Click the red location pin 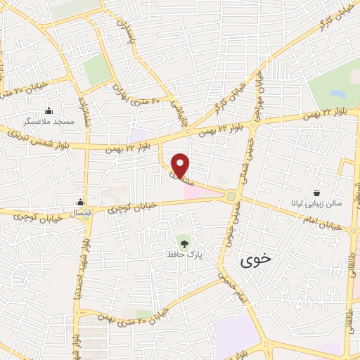181,165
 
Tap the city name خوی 254,261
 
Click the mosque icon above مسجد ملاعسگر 49,110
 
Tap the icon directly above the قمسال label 81,202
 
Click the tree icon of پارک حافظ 184,243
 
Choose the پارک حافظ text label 181,254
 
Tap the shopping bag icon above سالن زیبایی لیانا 317,193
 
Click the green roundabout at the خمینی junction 231,196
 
